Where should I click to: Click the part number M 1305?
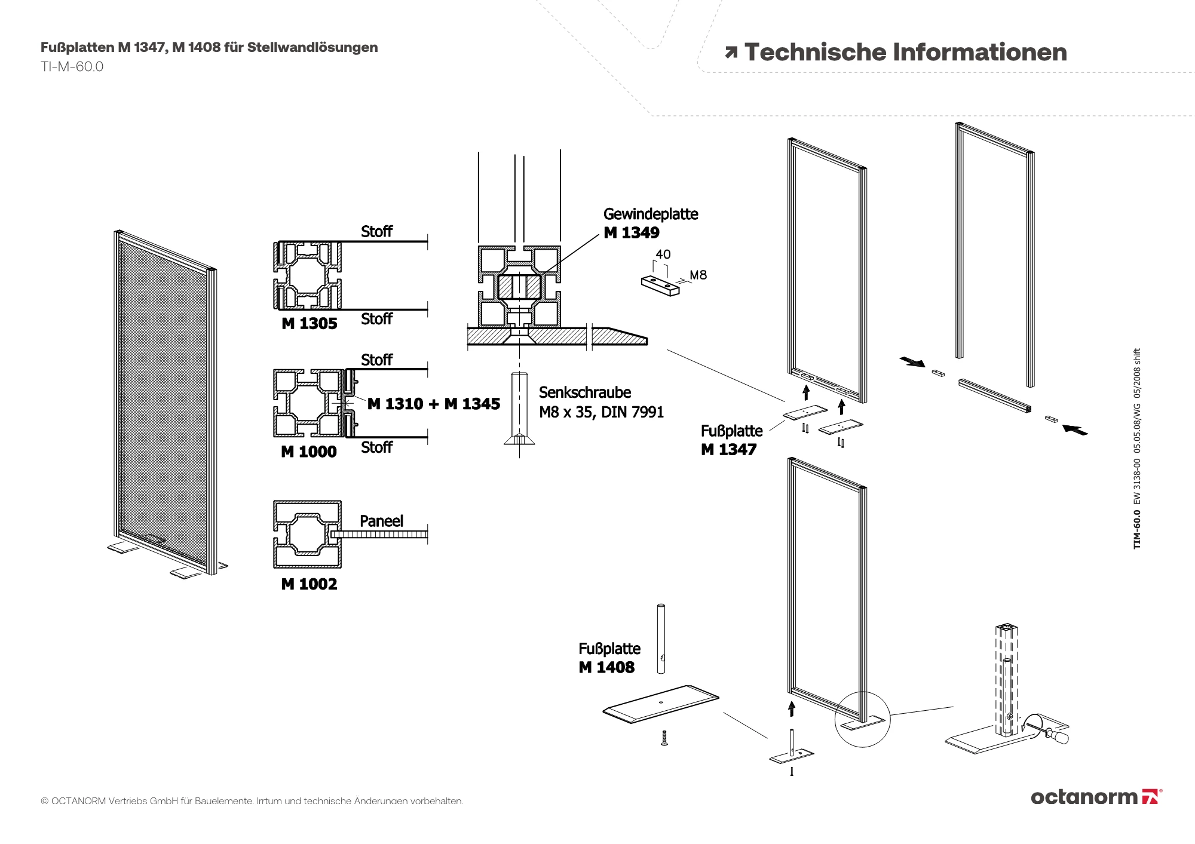tap(309, 324)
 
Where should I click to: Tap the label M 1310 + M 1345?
tap(433, 404)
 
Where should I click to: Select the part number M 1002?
tap(309, 584)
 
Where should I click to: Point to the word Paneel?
tap(381, 521)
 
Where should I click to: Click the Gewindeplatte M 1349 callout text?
tap(650, 223)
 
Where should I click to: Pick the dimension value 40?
tap(663, 254)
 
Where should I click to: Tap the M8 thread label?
tap(698, 275)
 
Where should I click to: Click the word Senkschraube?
tap(584, 392)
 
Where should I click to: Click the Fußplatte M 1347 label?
tap(731, 440)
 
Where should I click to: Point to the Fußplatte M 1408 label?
tap(608, 658)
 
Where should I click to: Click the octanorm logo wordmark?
tap(1083, 797)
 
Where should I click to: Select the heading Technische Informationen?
tap(905, 53)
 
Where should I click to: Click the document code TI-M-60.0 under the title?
tap(72, 67)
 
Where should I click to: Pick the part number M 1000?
tap(308, 452)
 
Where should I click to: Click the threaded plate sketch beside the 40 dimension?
tap(660, 286)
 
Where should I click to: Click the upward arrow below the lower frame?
tap(792, 709)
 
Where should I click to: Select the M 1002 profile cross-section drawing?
tap(307, 534)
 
